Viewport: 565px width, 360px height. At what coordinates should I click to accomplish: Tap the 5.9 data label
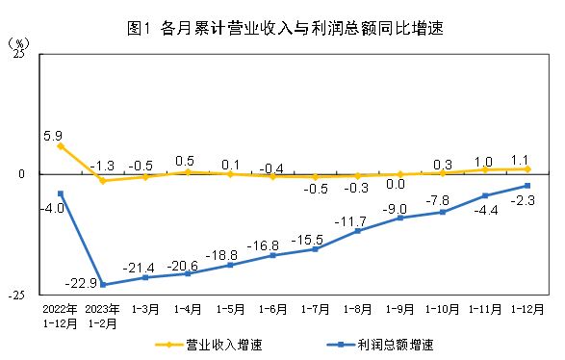pos(54,136)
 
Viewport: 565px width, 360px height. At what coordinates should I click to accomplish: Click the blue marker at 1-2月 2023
pos(103,285)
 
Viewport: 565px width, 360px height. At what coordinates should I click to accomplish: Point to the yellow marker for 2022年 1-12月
pos(61,146)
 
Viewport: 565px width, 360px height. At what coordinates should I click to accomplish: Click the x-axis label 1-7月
pos(316,309)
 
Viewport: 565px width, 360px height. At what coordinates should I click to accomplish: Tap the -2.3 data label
pos(524,200)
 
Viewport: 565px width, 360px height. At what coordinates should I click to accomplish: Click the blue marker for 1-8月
pos(358,231)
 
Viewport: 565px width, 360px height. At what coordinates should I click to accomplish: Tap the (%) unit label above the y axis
pos(19,44)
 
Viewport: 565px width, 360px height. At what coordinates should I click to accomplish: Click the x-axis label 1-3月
pos(145,309)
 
